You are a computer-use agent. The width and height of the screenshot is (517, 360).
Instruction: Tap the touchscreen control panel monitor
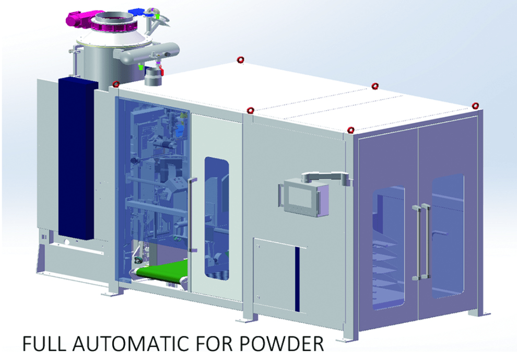click(302, 198)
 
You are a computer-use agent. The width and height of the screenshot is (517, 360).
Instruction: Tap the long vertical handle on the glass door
click(192, 214)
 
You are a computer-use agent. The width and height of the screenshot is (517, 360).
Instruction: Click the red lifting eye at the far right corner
click(475, 106)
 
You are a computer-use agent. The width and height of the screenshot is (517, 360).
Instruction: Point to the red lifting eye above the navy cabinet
click(116, 84)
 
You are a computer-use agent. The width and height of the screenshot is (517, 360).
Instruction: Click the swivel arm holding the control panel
click(326, 177)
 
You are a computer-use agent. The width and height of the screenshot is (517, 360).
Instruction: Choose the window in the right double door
click(447, 235)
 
